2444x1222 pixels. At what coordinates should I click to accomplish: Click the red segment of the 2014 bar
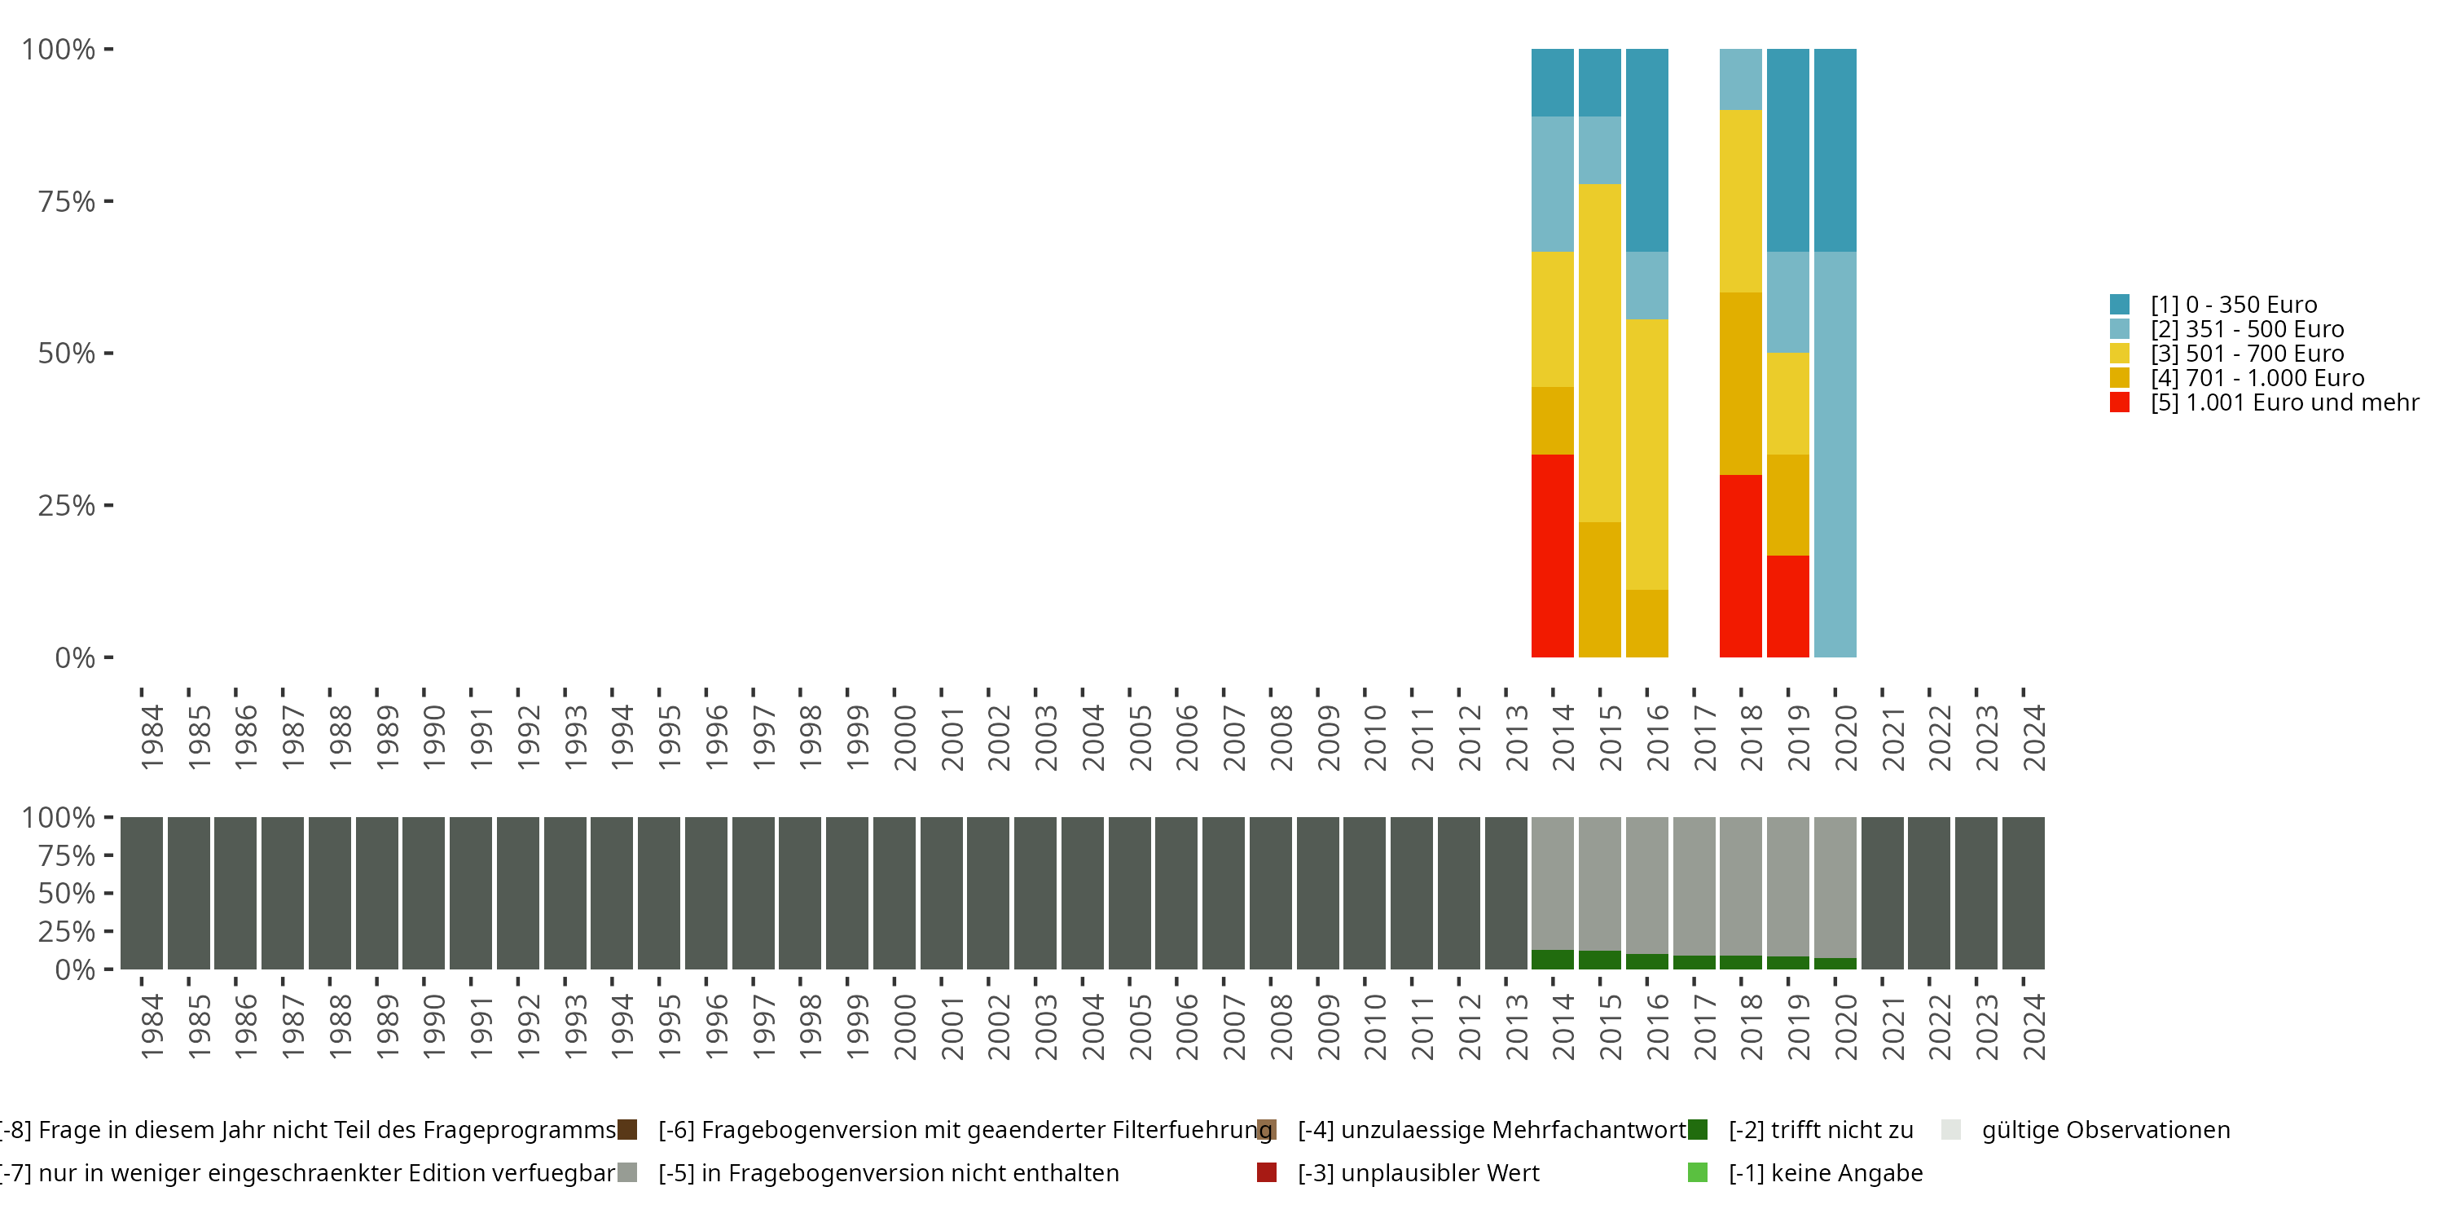1552,556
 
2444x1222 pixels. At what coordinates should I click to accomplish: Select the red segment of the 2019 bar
1787,606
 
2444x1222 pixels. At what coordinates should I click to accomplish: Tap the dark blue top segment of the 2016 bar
1647,150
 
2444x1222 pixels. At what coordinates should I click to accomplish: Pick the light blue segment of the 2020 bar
1835,455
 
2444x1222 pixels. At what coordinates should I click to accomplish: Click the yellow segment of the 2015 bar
1600,353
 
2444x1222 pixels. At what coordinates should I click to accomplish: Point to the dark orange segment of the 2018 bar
1741,383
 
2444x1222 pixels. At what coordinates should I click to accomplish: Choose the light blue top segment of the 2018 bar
1741,79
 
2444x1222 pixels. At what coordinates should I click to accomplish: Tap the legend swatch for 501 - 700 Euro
2120,353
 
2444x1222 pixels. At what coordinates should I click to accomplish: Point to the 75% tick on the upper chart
109,201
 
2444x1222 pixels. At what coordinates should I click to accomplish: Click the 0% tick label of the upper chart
75,657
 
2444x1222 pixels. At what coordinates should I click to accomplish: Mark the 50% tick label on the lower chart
67,893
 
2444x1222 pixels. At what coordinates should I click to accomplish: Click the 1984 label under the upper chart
152,737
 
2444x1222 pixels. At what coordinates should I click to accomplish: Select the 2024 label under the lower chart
2034,1026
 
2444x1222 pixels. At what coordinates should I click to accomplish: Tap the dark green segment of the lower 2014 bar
1552,959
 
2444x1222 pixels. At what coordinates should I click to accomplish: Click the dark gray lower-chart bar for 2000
894,893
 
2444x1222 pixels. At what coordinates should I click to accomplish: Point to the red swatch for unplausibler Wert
1267,1172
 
